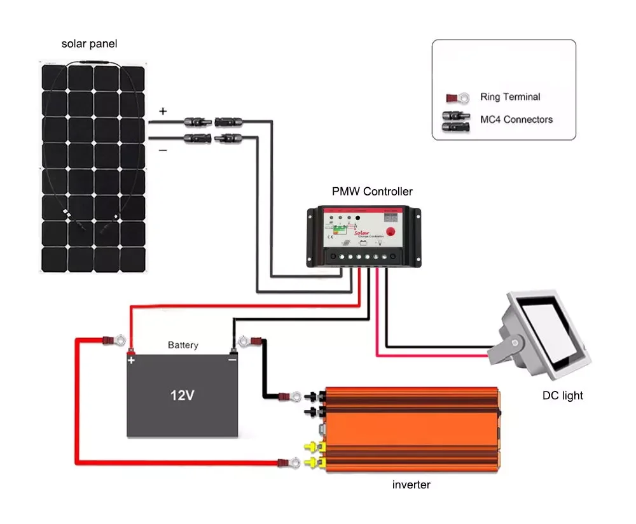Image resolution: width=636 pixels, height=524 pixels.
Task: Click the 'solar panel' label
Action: coord(89,44)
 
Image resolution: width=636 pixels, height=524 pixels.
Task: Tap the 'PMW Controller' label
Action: coord(372,191)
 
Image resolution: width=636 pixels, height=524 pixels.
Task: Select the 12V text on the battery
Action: coord(182,395)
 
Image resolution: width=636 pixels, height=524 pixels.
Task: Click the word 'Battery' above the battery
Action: coord(183,345)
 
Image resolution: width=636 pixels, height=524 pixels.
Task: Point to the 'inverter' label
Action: coord(411,485)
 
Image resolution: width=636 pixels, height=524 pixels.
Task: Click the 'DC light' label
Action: coord(562,395)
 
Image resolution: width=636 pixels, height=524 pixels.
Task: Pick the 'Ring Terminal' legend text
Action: coord(510,97)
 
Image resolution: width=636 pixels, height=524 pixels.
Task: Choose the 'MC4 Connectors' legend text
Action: coord(516,119)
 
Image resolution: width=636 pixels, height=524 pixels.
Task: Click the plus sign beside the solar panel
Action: coord(163,111)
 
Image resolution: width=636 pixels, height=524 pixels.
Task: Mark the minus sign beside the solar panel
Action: coord(163,150)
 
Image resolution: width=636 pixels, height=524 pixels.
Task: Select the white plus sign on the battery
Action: coord(132,360)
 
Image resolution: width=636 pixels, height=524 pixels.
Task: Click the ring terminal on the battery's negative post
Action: coord(247,343)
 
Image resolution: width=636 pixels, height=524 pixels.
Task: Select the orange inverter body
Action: coord(413,430)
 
